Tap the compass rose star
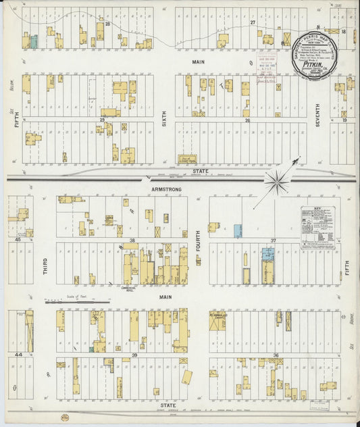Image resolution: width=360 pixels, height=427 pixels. coord(276,180)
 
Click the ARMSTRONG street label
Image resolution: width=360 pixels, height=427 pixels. coord(166,190)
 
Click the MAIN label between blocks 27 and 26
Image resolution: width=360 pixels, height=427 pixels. coord(198,61)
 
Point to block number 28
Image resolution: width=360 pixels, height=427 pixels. coord(107,24)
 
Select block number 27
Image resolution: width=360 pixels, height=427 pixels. coord(252,23)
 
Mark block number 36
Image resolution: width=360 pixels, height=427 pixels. coord(276,355)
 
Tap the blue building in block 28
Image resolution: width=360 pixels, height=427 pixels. coord(33,41)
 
